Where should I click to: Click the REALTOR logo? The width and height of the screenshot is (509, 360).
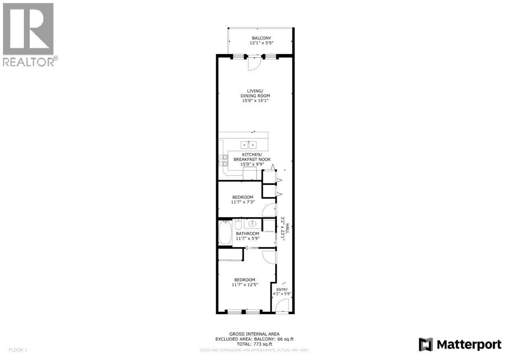coord(29,34)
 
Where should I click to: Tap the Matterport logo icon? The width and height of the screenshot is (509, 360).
coord(425,344)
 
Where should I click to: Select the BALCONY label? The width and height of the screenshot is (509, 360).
coord(261,38)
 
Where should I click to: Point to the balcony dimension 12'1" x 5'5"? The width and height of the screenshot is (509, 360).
coord(261,43)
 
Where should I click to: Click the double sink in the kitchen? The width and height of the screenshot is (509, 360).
coord(248,145)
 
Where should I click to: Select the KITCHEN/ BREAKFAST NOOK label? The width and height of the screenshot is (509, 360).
coord(252,157)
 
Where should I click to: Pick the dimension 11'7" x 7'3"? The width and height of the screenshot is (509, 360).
coord(243,202)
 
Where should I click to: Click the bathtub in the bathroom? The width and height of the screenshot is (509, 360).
coord(225,233)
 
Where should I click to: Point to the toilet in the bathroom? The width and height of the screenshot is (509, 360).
coord(238,224)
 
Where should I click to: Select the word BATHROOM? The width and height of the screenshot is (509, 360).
coord(247,234)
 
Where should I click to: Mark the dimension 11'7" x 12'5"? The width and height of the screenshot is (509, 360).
coord(245,284)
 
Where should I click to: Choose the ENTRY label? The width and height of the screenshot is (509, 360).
coord(282,289)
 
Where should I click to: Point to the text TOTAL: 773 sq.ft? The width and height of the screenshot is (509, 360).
coord(254,344)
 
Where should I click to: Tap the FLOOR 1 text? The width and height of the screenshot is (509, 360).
coord(18,350)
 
